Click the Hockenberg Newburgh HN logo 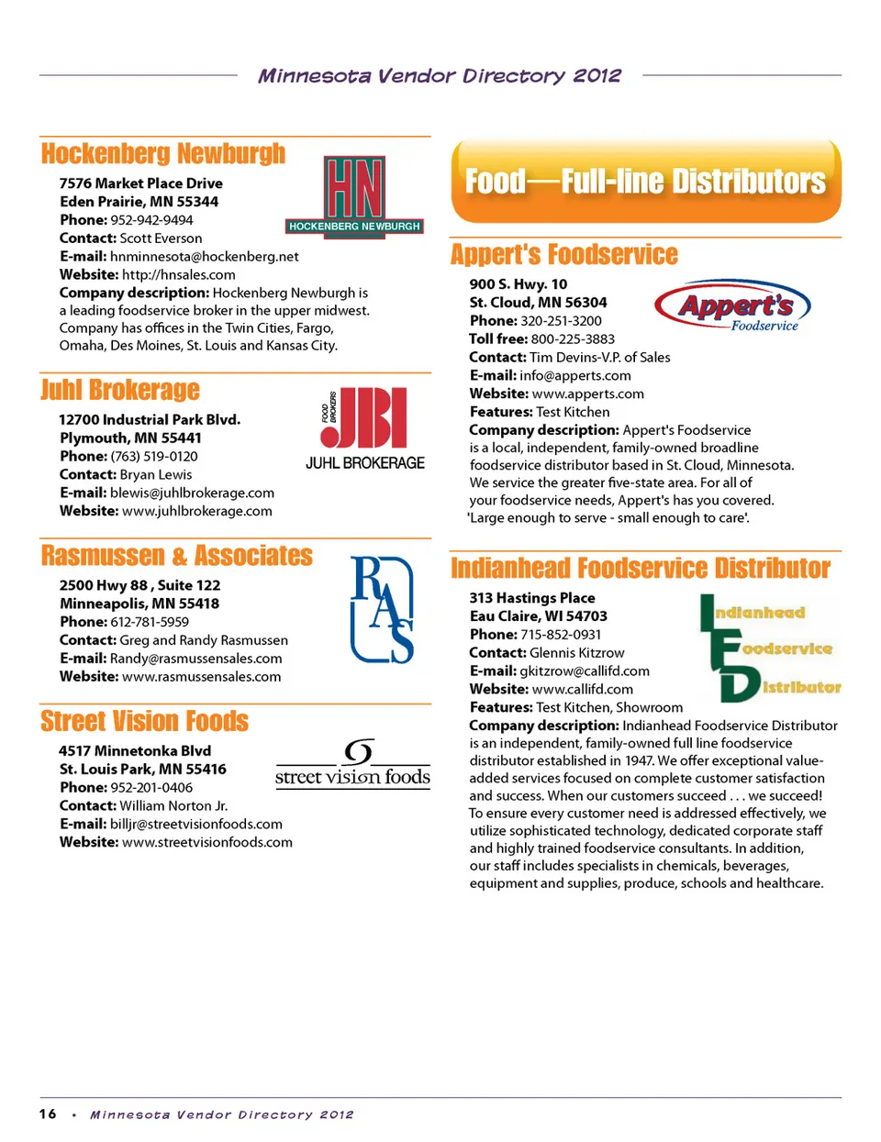pos(354,194)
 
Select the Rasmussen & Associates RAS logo pos(382,609)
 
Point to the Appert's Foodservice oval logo pos(733,306)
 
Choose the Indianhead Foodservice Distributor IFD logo pos(769,649)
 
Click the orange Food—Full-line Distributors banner pos(646,182)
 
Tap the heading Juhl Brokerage pos(120,391)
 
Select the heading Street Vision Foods pos(145,722)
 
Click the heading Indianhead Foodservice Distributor pos(641,569)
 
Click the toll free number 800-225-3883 pos(573,339)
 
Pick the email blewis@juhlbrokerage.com pos(192,493)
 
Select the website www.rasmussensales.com pos(201,677)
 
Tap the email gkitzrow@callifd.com pos(585,671)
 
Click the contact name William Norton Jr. pos(173,805)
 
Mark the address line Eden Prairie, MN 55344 pos(139,202)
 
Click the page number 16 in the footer pos(48,1114)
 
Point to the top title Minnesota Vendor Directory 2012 pos(440,76)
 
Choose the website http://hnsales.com pos(178,275)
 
